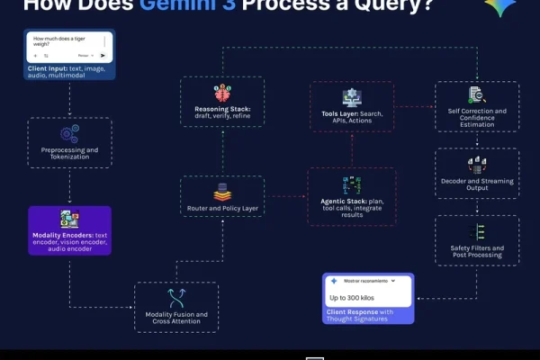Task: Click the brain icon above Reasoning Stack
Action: click(221, 92)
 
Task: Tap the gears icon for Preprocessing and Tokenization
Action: click(69, 132)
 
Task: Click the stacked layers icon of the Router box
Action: click(222, 191)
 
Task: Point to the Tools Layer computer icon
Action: click(352, 97)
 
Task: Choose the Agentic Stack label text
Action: click(352, 209)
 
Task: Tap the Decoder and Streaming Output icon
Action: click(476, 165)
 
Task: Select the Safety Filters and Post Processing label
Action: click(476, 252)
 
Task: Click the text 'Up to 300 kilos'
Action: click(351, 297)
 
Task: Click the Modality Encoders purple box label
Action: click(69, 240)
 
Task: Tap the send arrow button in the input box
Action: click(103, 55)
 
